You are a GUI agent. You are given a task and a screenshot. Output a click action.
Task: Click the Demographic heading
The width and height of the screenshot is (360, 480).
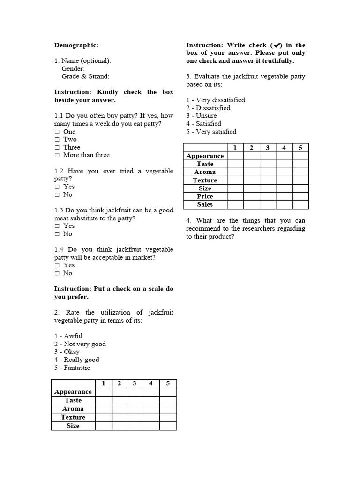click(x=76, y=45)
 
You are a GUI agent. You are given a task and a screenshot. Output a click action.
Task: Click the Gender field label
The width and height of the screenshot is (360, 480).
click(x=73, y=68)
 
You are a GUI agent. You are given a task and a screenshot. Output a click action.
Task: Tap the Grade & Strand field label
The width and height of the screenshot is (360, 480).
click(x=85, y=76)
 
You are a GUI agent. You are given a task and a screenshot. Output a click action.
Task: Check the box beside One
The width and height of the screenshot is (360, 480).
click(x=57, y=132)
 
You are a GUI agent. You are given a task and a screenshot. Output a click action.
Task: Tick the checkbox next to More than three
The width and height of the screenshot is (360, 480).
click(x=57, y=155)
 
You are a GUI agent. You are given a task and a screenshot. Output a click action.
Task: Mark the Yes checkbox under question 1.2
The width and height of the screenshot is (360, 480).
click(x=57, y=187)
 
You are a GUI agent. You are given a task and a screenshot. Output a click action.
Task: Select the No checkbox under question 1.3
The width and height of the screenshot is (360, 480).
click(x=57, y=234)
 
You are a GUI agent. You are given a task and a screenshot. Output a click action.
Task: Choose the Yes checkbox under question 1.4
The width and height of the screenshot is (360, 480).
click(x=57, y=265)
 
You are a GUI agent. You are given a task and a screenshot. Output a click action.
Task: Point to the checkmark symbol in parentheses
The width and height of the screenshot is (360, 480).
click(x=276, y=45)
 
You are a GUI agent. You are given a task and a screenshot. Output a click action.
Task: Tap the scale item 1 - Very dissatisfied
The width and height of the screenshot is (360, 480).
click(x=215, y=100)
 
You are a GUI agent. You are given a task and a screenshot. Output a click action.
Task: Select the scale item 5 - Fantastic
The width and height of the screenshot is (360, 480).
click(x=72, y=367)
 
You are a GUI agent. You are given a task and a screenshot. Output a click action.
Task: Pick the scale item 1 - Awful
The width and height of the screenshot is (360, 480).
click(x=68, y=336)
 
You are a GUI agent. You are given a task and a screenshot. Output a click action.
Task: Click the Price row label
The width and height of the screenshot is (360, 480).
click(x=205, y=196)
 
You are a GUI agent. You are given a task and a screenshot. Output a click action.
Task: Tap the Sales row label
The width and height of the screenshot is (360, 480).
click(x=205, y=204)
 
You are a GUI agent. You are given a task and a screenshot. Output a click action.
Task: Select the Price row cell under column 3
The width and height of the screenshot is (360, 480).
click(x=268, y=196)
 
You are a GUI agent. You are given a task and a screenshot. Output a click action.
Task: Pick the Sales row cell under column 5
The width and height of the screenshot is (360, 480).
click(x=300, y=204)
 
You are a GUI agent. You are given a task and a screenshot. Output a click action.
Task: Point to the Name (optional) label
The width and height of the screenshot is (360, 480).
click(x=83, y=60)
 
